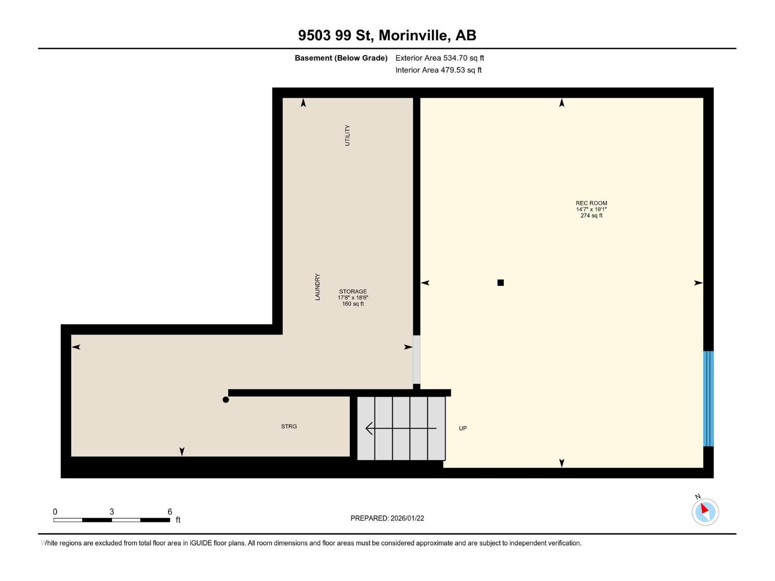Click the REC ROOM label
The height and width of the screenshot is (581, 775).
[591, 203]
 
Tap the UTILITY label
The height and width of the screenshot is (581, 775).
[347, 135]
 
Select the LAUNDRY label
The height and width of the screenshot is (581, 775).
[318, 287]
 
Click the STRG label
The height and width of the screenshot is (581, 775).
[289, 427]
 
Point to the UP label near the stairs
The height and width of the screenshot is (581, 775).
[463, 428]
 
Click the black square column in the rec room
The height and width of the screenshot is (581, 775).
[500, 283]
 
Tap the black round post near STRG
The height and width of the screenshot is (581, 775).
[226, 399]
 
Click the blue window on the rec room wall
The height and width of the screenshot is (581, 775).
[708, 398]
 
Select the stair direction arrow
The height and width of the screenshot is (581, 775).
[400, 428]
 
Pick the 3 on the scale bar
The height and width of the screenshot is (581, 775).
[112, 512]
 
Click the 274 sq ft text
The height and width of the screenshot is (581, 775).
[591, 216]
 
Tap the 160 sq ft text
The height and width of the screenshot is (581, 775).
[353, 304]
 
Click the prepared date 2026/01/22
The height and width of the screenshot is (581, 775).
[407, 518]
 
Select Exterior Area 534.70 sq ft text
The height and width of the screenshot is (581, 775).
[439, 58]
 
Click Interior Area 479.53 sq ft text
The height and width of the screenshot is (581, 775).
[438, 70]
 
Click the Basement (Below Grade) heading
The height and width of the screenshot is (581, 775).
[341, 58]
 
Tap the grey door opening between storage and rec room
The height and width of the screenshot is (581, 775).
[417, 359]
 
